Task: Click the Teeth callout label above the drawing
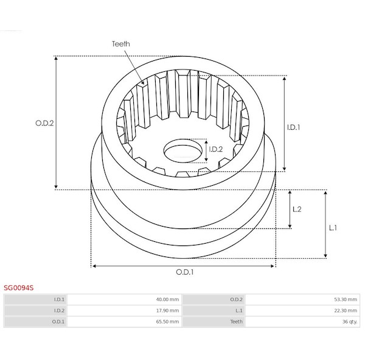121,44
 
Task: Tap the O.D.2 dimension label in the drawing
44,123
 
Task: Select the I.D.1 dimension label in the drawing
293,127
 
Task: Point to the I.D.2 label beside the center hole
216,149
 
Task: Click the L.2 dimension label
297,209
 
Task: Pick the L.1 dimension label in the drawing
333,228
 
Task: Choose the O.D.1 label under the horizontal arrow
184,272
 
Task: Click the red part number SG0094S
19,288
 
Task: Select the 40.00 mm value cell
167,299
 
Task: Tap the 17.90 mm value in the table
167,311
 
